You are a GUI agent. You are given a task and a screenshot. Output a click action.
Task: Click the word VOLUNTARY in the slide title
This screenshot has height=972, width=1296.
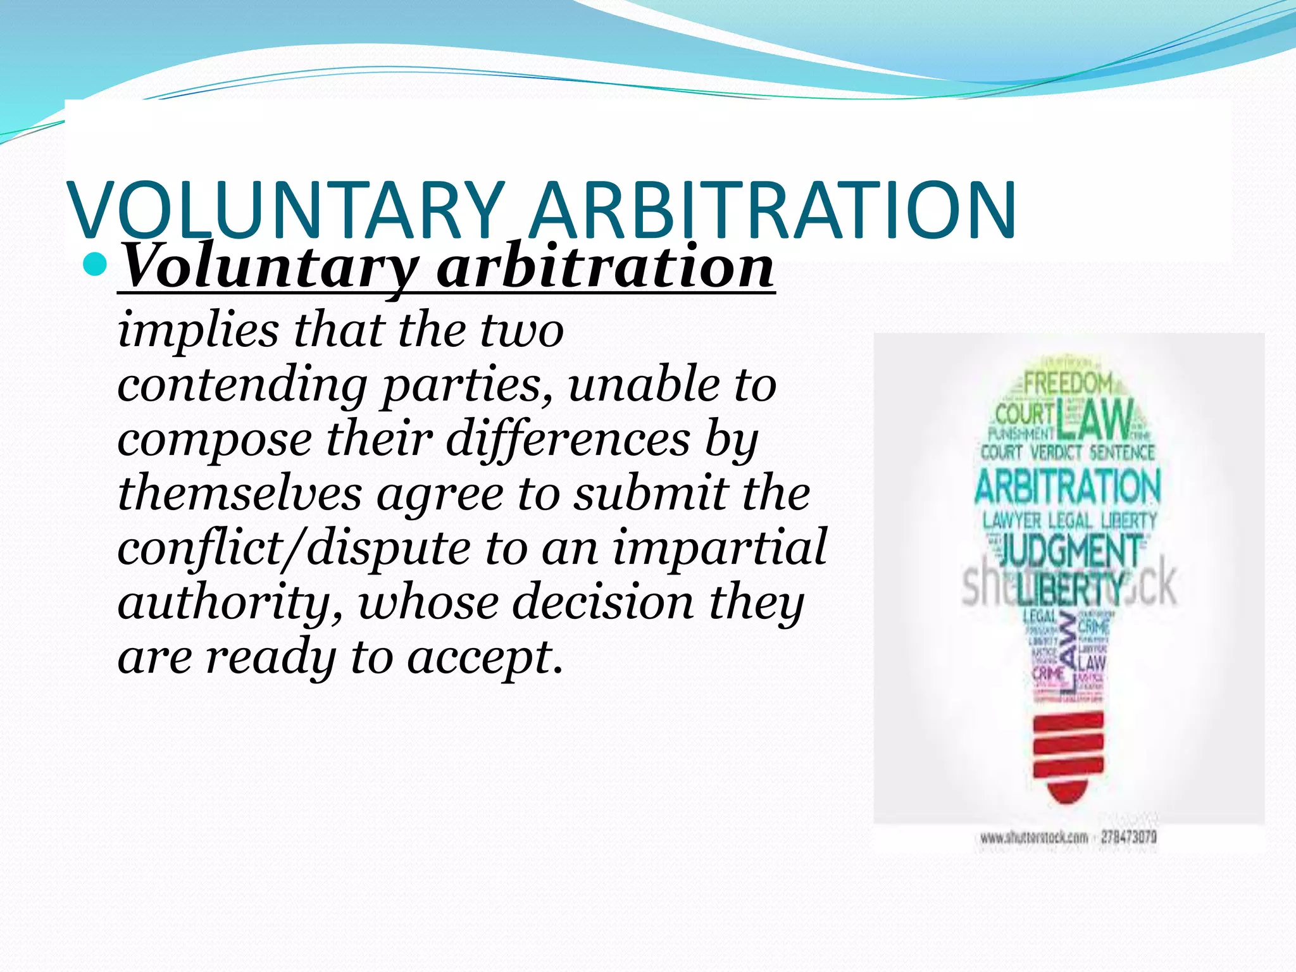coord(288,210)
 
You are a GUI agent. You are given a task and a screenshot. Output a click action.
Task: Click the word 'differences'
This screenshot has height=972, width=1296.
coord(568,439)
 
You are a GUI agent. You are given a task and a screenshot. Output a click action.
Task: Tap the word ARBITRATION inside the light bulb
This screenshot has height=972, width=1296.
coord(1068,487)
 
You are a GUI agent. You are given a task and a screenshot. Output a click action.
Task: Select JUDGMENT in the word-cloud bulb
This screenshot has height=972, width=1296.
coord(1069,551)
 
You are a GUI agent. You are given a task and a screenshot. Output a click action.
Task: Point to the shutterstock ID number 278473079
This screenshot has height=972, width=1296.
coord(1128,837)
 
